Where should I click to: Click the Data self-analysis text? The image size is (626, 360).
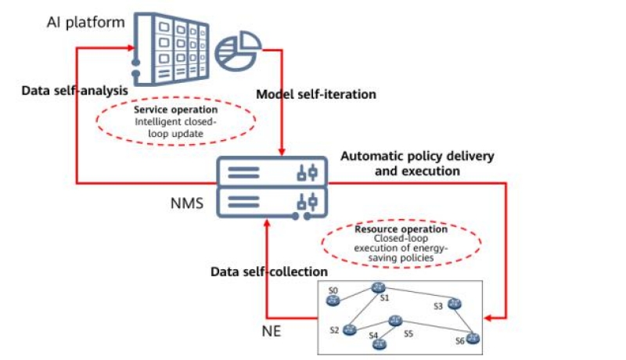pyautogui.click(x=74, y=91)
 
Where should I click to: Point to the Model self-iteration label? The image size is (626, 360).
pyautogui.click(x=316, y=94)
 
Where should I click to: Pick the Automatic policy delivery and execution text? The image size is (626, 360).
pyautogui.click(x=417, y=163)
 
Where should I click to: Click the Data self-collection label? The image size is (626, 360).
pyautogui.click(x=268, y=272)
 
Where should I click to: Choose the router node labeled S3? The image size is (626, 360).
pyautogui.click(x=455, y=304)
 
